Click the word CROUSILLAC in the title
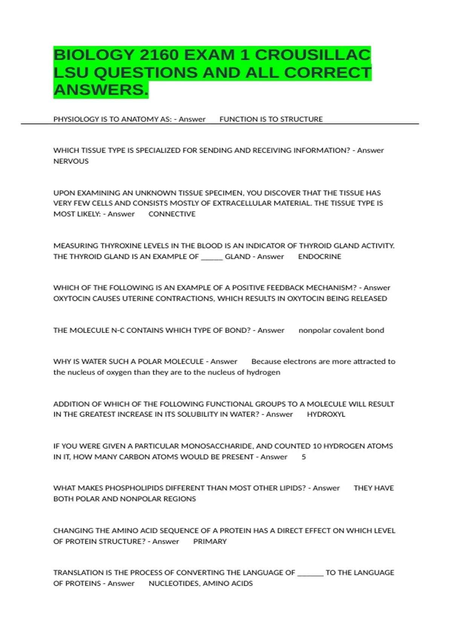[x=313, y=55]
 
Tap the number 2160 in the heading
[x=159, y=55]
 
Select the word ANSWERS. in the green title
[x=101, y=90]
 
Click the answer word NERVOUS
[x=71, y=161]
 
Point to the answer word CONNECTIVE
[x=172, y=214]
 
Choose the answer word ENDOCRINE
[x=319, y=256]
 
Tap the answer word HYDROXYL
[x=326, y=414]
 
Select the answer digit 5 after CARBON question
[x=304, y=457]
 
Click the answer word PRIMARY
[x=210, y=541]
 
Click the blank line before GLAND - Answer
[x=212, y=258]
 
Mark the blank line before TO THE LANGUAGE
[x=310, y=574]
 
